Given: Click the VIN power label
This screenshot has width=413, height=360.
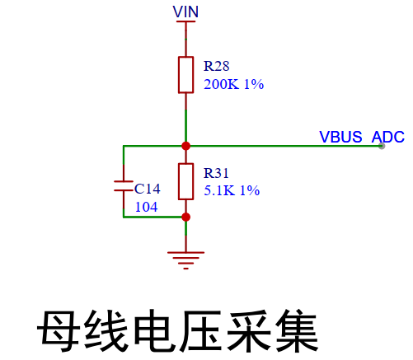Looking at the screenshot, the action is [185, 12].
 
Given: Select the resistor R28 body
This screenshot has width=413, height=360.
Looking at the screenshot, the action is [186, 75].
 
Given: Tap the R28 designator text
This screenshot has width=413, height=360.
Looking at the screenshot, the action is [217, 66].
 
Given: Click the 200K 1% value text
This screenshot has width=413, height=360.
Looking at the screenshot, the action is [234, 84].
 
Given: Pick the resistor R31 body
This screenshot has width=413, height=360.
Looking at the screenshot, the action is [186, 181].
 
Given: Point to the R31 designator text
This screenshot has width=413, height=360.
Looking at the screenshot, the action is [216, 173].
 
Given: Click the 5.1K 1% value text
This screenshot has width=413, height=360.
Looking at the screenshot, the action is [232, 190].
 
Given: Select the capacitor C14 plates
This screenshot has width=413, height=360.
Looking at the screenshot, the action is [124, 186].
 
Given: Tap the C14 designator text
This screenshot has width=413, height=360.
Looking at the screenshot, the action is [148, 189].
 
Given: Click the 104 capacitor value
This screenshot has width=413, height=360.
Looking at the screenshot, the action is [147, 207].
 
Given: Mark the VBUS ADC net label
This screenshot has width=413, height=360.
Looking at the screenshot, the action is [362, 137].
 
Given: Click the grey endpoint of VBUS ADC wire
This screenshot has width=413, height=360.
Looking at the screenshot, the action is [382, 146].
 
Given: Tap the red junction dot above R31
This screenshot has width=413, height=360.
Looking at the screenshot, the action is [186, 146].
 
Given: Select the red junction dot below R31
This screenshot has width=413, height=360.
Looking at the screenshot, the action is [186, 217].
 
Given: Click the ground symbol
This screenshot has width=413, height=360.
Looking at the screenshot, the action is [186, 260].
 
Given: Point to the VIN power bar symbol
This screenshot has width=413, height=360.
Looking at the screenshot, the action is [186, 21].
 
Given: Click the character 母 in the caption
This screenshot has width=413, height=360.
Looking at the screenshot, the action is [59, 331].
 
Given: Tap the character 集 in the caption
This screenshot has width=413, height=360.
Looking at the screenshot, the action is [297, 331].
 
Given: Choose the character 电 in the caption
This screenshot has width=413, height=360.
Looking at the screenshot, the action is [155, 331].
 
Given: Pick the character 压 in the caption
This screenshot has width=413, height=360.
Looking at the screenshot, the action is [201, 331].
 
